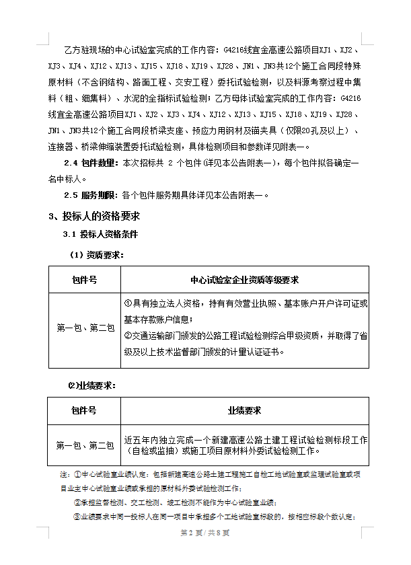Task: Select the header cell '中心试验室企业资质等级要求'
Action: pos(245,279)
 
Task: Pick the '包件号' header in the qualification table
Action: pos(84,279)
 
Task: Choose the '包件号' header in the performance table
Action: pos(84,410)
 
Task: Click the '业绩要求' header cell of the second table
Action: pos(245,410)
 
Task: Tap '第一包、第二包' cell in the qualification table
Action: pos(85,328)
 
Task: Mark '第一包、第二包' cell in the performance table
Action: pos(85,445)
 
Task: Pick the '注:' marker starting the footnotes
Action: pos(65,475)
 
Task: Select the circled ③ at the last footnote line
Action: pos(76,517)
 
